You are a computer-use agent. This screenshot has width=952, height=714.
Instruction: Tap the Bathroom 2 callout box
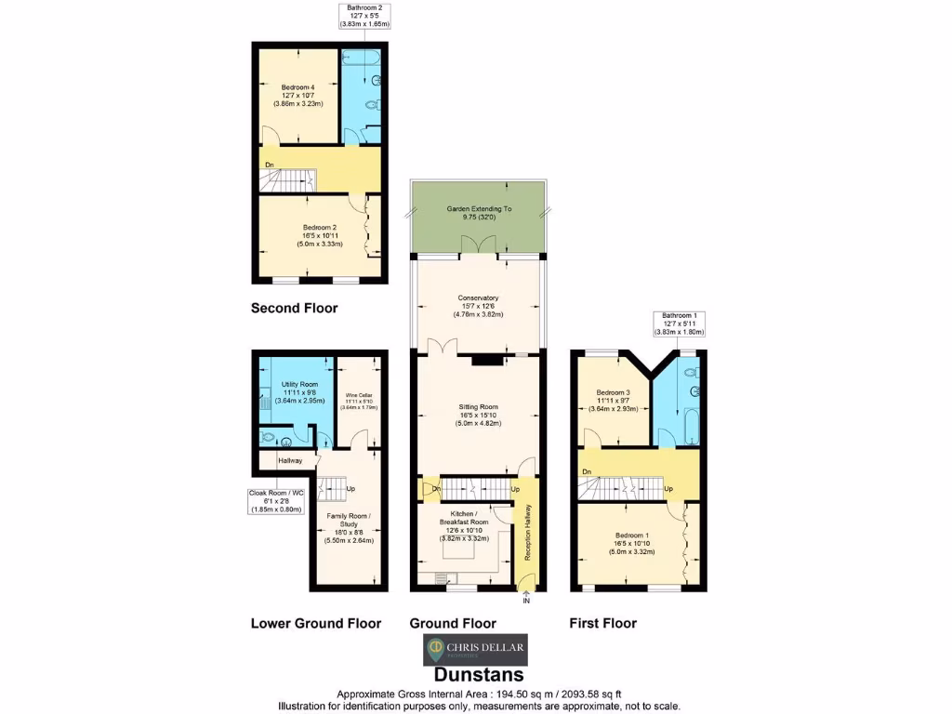[x=364, y=16]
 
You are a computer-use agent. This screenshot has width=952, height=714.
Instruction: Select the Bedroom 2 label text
[x=319, y=235]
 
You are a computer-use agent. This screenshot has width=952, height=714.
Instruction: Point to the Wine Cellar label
[x=358, y=400]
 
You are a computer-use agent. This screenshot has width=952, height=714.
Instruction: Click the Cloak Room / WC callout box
[x=276, y=500]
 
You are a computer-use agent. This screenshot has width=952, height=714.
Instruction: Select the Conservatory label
[x=478, y=306]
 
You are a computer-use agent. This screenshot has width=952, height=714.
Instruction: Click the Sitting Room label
[x=478, y=415]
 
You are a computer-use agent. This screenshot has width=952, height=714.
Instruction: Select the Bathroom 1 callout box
[x=678, y=324]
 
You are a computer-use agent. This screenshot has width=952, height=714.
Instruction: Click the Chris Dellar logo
[x=475, y=648]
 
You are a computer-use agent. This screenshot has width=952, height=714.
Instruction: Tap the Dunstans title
[x=479, y=674]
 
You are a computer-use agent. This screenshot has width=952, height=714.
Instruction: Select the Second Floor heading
[x=294, y=308]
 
